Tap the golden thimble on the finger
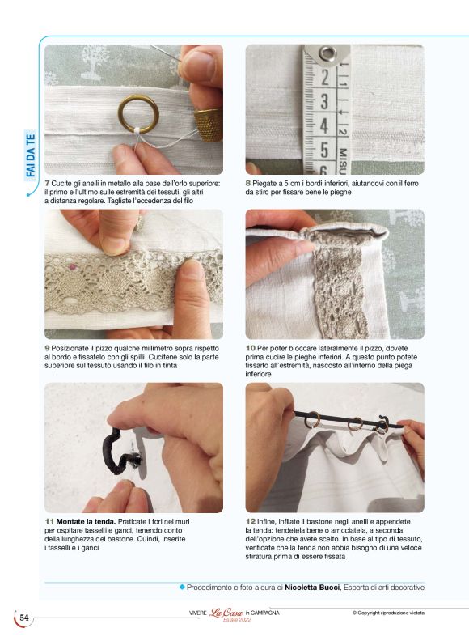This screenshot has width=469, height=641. coord(209,125)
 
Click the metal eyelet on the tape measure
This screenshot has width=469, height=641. coord(327,53)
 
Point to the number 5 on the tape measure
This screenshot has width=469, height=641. coord(324,150)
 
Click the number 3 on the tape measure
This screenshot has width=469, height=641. coord(324,101)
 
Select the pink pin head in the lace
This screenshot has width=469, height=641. coord(73,267)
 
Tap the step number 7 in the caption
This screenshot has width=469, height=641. coord(47,184)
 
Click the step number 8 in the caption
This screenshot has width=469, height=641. coord(247,184)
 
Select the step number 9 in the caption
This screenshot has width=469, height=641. coord(47,348)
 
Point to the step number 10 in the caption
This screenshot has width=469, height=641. coord(250,348)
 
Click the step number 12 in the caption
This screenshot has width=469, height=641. coord(250,522)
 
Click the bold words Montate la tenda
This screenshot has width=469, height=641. coord(87,522)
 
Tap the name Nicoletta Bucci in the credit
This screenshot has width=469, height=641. coord(312,588)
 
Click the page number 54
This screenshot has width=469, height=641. coord(24,618)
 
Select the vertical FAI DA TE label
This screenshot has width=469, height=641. coord(31,156)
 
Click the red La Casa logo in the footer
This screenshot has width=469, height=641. coord(226,613)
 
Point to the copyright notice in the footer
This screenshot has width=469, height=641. coord(388,613)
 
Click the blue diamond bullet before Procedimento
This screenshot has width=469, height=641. coord(182,587)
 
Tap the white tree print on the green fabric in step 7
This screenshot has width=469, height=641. coord(95,62)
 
